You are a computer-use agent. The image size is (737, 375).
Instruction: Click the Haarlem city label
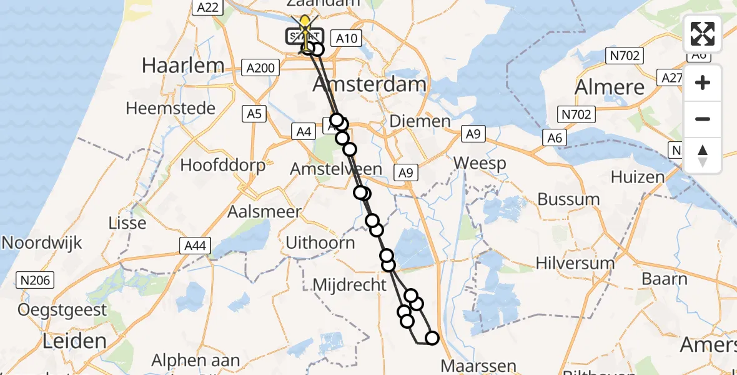point(183,66)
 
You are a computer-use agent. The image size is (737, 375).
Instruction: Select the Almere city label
point(610,87)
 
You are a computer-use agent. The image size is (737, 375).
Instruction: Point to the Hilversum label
point(575,263)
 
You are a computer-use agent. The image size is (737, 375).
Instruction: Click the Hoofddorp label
point(223,166)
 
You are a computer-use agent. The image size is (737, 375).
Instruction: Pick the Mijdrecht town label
point(350,285)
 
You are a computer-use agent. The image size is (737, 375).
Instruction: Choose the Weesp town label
point(480,163)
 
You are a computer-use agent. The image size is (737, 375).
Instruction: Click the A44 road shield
point(196,246)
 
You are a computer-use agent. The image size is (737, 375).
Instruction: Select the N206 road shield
point(36,281)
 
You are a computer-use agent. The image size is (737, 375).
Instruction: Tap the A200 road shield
point(261,67)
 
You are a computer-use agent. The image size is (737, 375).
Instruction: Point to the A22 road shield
point(207,7)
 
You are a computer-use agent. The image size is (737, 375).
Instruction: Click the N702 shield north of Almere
point(625,56)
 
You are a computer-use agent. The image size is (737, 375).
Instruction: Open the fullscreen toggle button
point(703,34)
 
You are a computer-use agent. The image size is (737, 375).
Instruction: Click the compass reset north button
point(703,156)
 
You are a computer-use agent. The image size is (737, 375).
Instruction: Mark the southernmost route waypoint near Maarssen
point(432,339)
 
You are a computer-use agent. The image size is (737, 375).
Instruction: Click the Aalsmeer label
point(264,212)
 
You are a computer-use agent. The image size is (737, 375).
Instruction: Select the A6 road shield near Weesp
point(555,138)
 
